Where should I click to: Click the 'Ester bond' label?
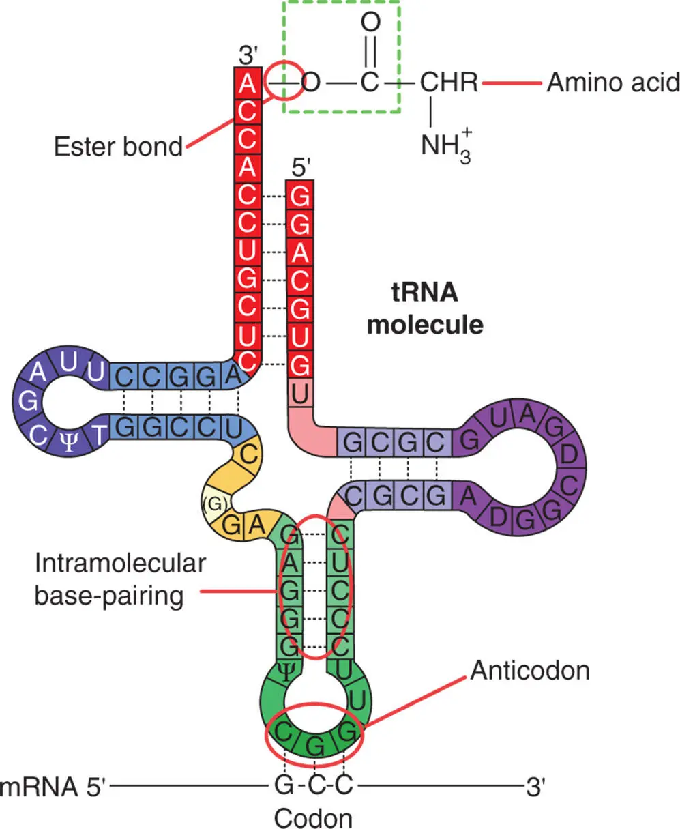coord(118,146)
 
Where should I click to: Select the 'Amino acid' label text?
coord(613,83)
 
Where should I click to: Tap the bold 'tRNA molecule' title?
coord(424,308)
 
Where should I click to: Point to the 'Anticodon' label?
coord(529,670)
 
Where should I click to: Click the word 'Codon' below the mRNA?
coord(313,817)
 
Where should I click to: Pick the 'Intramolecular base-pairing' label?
coord(120,579)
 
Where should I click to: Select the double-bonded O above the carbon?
coord(369,22)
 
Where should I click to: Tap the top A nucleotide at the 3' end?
coord(248,84)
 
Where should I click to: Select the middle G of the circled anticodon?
coord(314,745)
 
